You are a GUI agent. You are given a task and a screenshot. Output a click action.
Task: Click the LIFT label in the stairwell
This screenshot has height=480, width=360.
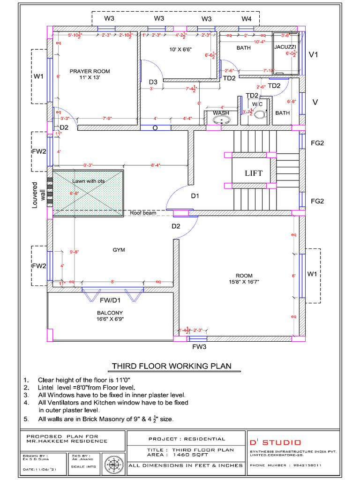point(254,173)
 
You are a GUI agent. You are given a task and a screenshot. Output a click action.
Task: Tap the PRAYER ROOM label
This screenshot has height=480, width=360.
point(90,71)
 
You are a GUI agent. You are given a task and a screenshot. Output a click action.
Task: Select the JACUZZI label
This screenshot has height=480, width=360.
point(285,47)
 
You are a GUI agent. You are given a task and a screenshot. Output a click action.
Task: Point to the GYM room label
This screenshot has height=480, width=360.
point(119,250)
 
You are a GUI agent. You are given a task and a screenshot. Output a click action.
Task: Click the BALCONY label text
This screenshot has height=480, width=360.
point(110,313)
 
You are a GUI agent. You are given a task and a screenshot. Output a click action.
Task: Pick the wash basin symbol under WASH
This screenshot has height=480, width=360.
point(221,120)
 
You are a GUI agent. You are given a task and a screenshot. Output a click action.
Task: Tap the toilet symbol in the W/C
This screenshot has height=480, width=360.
point(259,113)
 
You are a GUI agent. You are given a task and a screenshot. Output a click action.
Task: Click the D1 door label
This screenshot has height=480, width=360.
point(195,196)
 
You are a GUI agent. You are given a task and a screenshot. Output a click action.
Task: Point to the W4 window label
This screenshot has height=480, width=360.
point(247,19)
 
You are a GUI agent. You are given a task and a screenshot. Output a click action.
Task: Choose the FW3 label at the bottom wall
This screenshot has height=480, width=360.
point(199,347)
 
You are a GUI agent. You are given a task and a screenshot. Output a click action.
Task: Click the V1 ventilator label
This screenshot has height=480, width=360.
point(314,55)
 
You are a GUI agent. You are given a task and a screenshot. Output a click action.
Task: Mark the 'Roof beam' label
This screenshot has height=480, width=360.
point(142,213)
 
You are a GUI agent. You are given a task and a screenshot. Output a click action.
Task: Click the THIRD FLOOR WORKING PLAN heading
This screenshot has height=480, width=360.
point(171,366)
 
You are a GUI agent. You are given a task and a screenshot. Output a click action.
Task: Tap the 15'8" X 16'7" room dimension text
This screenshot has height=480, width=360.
point(244,282)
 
